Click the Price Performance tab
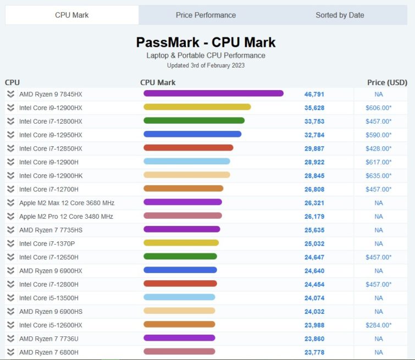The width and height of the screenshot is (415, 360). click(206, 15)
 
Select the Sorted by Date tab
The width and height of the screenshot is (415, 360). click(340, 15)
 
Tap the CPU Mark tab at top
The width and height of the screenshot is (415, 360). click(71, 15)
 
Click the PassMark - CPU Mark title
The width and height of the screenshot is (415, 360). click(206, 42)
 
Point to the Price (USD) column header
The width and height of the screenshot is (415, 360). click(387, 82)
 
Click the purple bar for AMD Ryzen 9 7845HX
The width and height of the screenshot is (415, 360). click(213, 94)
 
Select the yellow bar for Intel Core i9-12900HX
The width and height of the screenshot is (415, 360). click(197, 107)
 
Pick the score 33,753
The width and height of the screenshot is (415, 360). click(314, 121)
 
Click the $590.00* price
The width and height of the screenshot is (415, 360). click(378, 135)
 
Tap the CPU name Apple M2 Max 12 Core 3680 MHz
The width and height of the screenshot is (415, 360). click(67, 203)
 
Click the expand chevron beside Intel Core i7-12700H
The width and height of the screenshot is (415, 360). click(10, 189)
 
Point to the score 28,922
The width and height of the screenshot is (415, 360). click(314, 162)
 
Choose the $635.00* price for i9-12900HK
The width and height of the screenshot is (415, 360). click(378, 176)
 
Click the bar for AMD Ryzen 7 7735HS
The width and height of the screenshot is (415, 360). click(181, 230)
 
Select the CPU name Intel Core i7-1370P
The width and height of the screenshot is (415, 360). click(47, 243)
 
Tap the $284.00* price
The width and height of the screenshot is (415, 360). click(378, 325)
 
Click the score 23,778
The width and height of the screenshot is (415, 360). click(314, 352)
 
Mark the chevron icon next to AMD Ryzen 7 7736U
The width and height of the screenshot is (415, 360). click(10, 339)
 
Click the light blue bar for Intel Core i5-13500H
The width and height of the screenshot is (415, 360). click(179, 297)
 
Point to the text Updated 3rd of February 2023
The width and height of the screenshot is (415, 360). click(206, 65)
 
